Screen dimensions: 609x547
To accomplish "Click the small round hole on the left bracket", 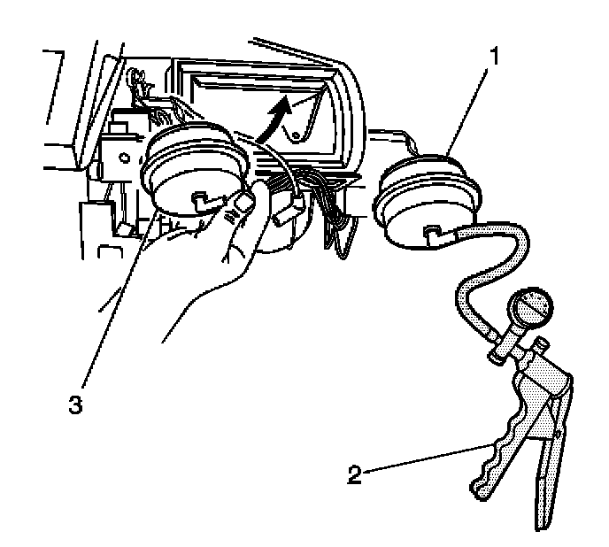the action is [x=105, y=168].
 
